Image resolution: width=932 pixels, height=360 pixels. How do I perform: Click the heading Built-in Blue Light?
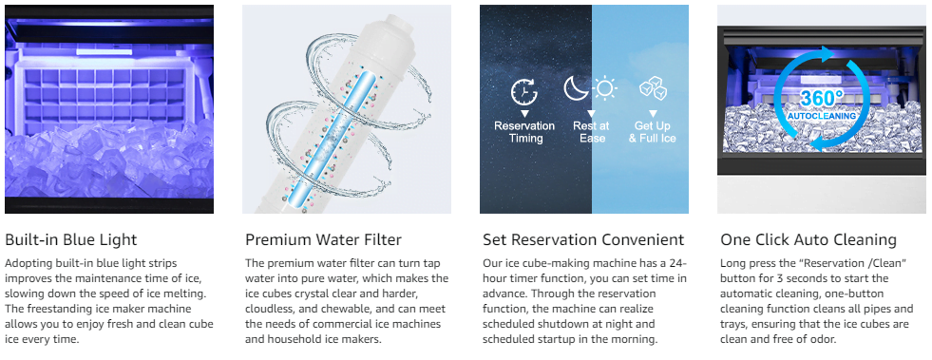click(70, 239)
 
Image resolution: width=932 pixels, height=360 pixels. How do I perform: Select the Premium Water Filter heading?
click(323, 239)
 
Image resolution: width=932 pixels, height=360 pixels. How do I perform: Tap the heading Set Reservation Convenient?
click(583, 239)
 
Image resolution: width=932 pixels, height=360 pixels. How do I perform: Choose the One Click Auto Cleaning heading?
click(808, 239)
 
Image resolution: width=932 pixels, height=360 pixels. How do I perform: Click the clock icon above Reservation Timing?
click(523, 92)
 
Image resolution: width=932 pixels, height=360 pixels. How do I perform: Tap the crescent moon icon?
click(576, 88)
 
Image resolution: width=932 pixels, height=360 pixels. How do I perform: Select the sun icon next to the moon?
click(604, 89)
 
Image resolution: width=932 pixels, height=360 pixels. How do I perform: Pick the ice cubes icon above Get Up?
click(653, 89)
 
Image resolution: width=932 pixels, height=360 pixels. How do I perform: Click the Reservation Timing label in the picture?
click(524, 132)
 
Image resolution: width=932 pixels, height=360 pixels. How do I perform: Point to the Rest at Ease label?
click(592, 132)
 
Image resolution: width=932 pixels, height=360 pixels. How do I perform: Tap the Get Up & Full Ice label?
click(653, 132)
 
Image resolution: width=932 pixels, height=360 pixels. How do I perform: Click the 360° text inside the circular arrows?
click(821, 99)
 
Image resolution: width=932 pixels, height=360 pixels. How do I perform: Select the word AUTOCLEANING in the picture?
click(822, 116)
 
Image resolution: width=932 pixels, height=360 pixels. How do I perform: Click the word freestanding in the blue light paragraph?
click(55, 309)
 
